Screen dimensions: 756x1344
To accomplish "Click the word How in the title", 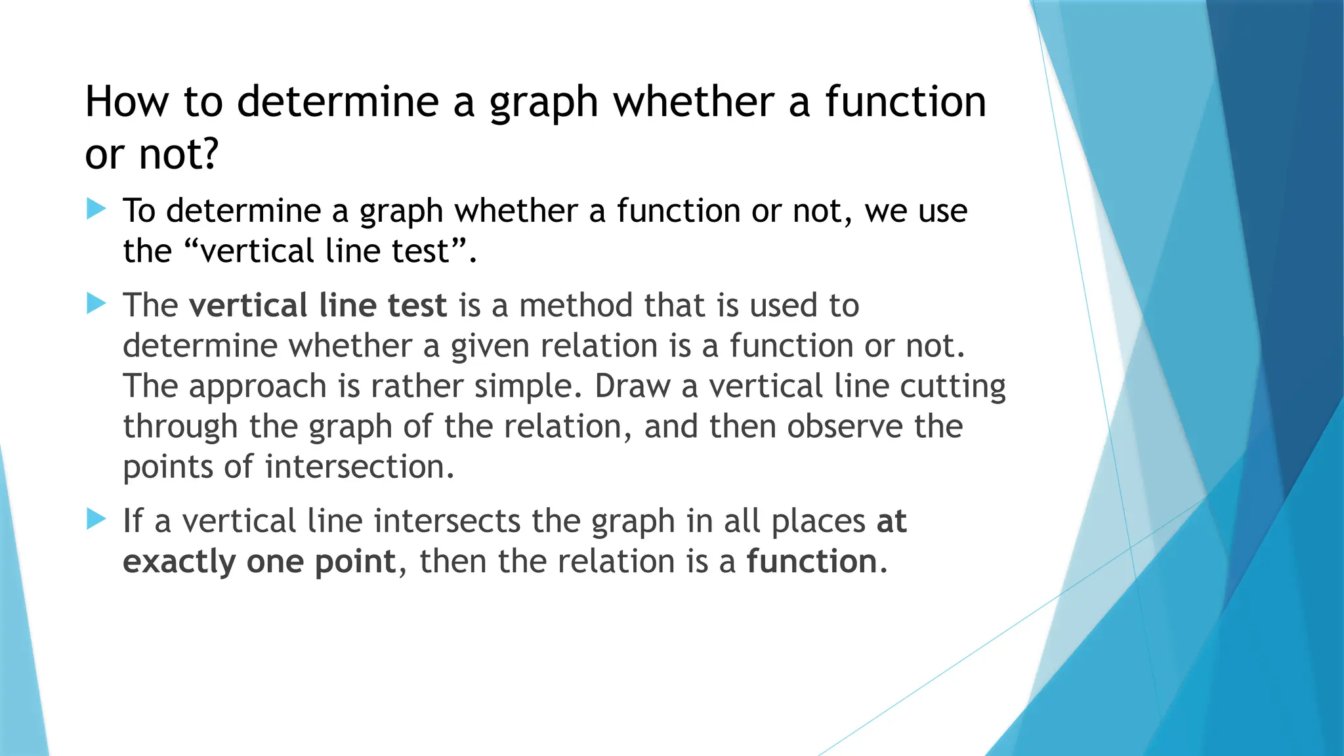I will pyautogui.click(x=127, y=102).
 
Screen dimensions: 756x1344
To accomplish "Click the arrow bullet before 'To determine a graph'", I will pyautogui.click(x=96, y=209).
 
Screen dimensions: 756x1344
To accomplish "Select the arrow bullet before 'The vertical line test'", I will pyautogui.click(x=96, y=304).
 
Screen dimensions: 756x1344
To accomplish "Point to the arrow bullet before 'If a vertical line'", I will pyautogui.click(x=96, y=520).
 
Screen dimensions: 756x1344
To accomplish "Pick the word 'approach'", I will pyautogui.click(x=258, y=387).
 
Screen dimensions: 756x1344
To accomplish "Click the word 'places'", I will pyautogui.click(x=818, y=522).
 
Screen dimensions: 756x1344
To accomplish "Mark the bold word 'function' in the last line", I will pyautogui.click(x=812, y=562).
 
